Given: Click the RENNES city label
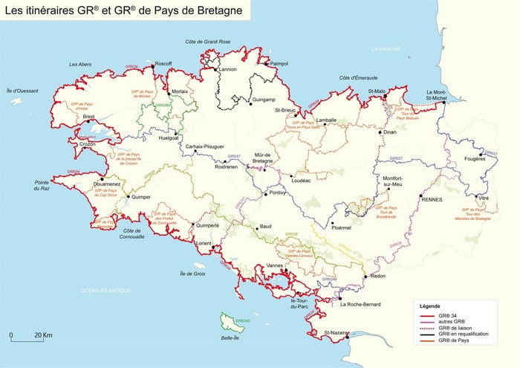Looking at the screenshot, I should [x=432, y=199].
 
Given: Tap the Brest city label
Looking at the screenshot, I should [x=89, y=117].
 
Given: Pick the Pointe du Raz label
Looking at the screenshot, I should [x=42, y=186].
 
